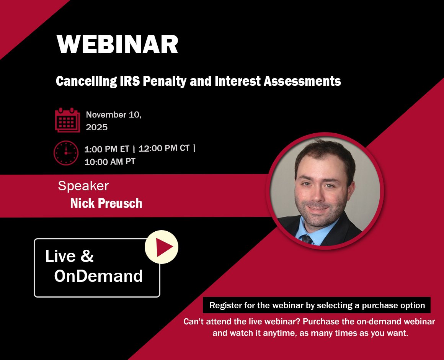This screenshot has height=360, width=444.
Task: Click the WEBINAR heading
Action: click(118, 44)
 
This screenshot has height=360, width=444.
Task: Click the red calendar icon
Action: click(67, 120)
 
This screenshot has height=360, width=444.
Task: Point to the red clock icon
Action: click(66, 153)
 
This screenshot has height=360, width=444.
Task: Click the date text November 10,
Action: click(114, 115)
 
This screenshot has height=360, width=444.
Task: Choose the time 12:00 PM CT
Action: click(164, 149)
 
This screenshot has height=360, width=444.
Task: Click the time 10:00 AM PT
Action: click(110, 162)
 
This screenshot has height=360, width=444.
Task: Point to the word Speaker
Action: click(83, 186)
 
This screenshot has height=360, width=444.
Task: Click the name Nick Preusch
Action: click(106, 203)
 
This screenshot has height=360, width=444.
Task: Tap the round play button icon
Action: click(162, 247)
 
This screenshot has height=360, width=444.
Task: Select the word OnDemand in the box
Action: click(98, 276)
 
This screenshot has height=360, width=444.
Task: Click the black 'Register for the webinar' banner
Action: click(317, 306)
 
